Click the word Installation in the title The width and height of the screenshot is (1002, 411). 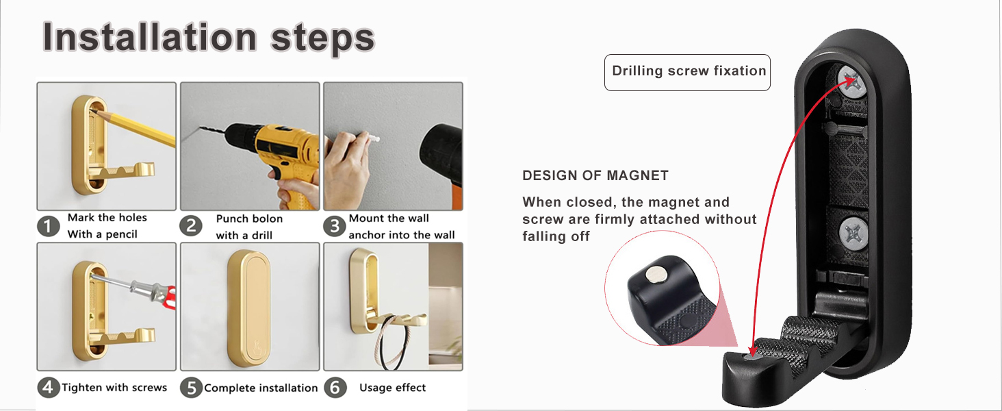tap(149, 36)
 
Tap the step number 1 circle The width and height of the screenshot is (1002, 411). tap(49, 226)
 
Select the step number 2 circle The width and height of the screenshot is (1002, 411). tap(191, 226)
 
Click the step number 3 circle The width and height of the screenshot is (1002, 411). tap(335, 226)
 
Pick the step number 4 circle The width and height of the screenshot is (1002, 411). tap(49, 387)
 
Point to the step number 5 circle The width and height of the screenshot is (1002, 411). tap(191, 388)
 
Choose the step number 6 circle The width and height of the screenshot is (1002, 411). tap(335, 388)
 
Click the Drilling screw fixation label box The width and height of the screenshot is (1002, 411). tap(688, 73)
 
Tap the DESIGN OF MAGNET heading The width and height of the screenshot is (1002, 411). tap(595, 175)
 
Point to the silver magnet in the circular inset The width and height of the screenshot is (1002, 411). tap(656, 273)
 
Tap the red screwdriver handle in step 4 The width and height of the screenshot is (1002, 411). tap(169, 298)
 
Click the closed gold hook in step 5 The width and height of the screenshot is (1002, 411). tap(249, 309)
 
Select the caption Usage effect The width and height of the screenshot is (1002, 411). tap(392, 387)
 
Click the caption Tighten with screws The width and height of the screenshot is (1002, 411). tap(114, 387)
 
